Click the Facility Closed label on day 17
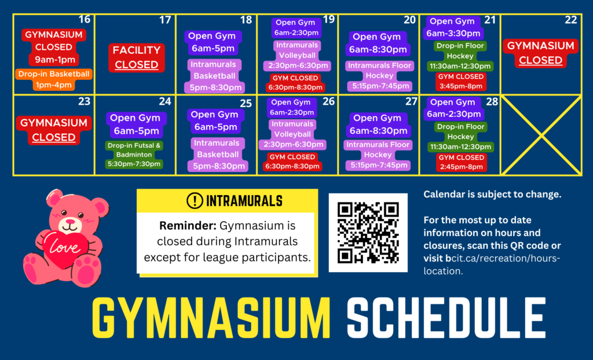pos(137,57)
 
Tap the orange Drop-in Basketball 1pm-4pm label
pos(54,79)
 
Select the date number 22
pos(570,20)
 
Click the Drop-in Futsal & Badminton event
pos(134,155)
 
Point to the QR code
pos(368,233)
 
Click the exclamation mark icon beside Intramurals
pos(195,201)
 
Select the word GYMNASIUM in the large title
pos(211,318)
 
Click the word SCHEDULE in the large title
pos(446,318)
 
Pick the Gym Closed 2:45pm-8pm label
pos(462,162)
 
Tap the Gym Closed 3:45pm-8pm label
pos(460,81)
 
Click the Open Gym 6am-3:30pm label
pos(453,27)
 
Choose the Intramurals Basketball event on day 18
pos(214,76)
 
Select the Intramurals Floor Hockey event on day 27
pos(378,155)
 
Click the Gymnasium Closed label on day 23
pos(54,130)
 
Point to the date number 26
pos(329,101)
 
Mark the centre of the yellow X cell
pos(541,135)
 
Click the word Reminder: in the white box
pos(188,226)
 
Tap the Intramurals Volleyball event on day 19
pos(297,56)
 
